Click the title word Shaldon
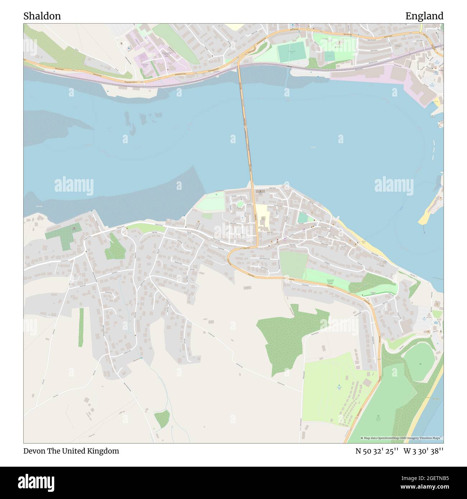coord(42,16)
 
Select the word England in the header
coord(424,16)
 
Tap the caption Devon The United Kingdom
coord(71,451)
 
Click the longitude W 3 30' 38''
coord(424,451)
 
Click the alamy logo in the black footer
coord(36,482)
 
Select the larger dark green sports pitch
coord(291,52)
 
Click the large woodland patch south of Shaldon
coord(287,337)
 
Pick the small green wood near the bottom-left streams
coord(162,418)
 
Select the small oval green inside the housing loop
coord(240,204)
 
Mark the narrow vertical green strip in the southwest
coord(81,327)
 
